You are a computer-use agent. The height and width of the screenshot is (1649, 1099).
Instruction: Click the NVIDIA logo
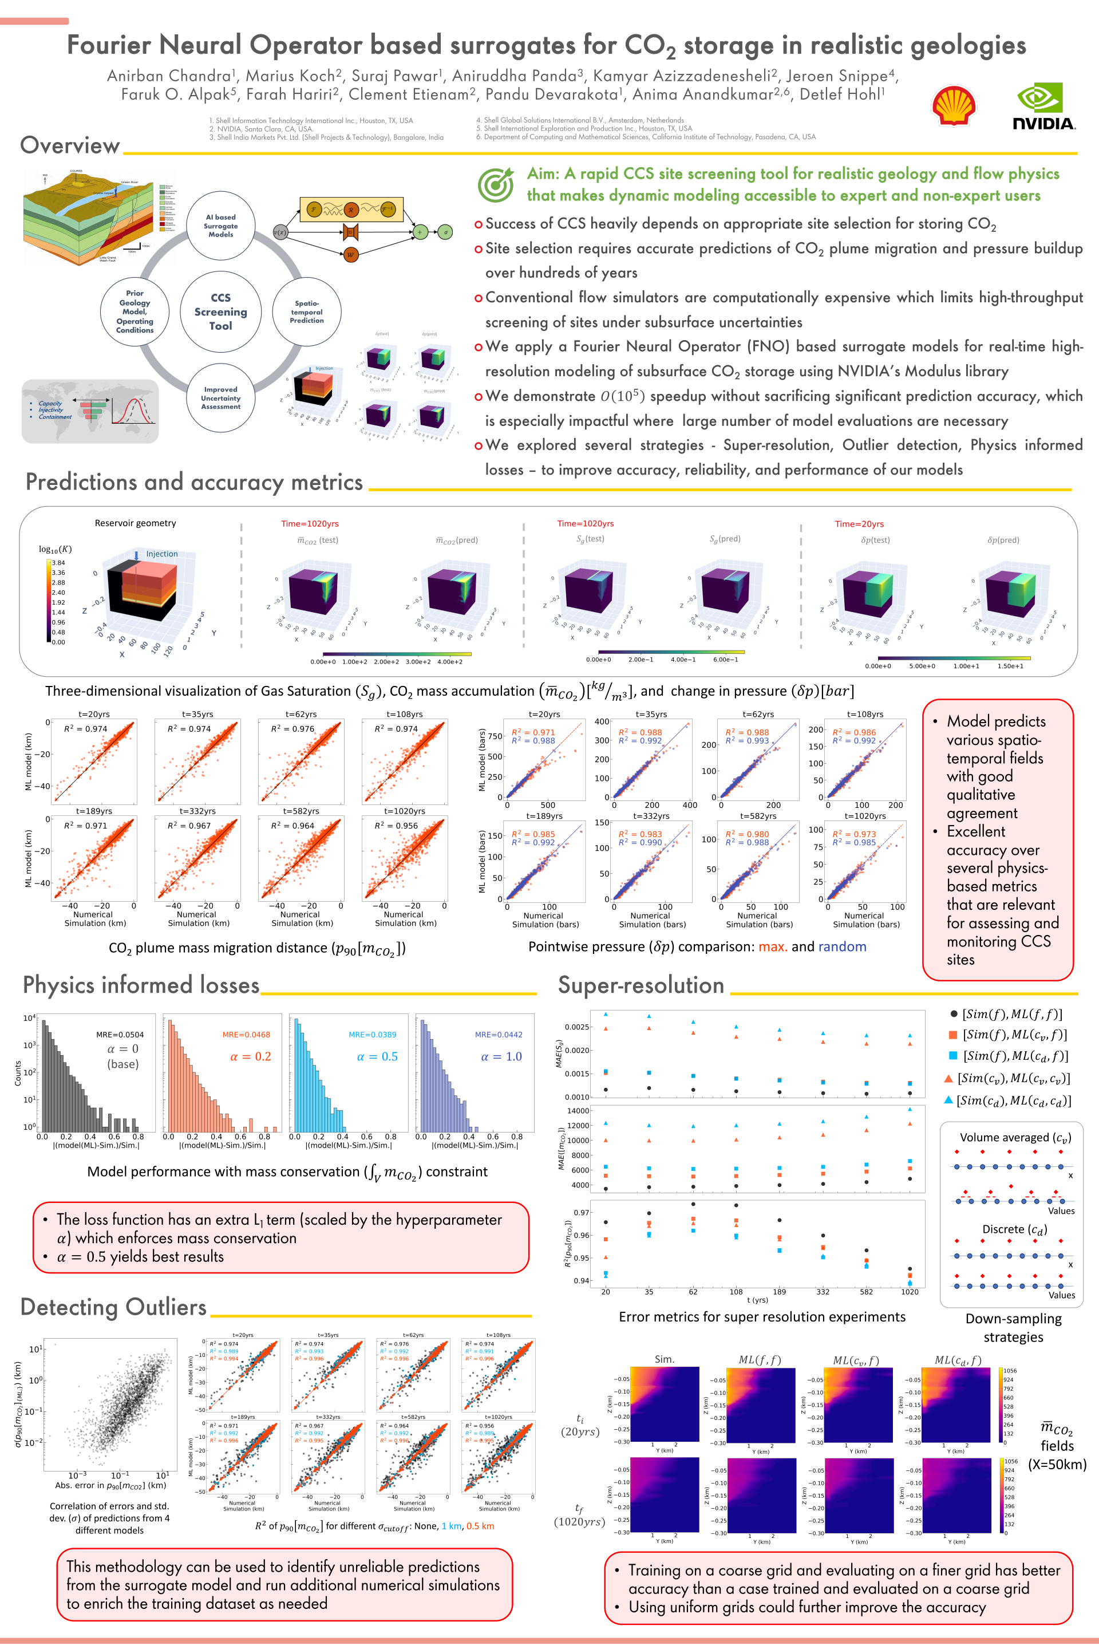(x=1043, y=106)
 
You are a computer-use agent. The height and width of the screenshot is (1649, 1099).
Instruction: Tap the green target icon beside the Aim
(x=496, y=184)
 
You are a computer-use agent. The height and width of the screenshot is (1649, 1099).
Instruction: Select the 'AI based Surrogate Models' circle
(x=221, y=226)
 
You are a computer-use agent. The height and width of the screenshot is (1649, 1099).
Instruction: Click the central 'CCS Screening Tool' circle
(x=221, y=311)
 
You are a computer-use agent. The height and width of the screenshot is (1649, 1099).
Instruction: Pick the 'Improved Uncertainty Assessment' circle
(x=221, y=397)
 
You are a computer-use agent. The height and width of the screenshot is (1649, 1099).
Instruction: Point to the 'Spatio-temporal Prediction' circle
(x=307, y=312)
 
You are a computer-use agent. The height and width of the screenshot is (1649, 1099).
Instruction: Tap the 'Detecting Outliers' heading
(x=113, y=1307)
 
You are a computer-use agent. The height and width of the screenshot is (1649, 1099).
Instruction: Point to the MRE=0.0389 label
(x=372, y=1034)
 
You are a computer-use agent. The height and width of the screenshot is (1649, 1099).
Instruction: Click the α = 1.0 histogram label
(x=501, y=1056)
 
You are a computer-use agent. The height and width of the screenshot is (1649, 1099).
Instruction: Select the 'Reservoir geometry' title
(x=135, y=523)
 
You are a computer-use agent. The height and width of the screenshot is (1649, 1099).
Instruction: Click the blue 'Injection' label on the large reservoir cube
(x=161, y=554)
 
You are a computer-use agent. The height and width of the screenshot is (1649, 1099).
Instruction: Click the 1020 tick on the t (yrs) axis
(x=909, y=1292)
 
